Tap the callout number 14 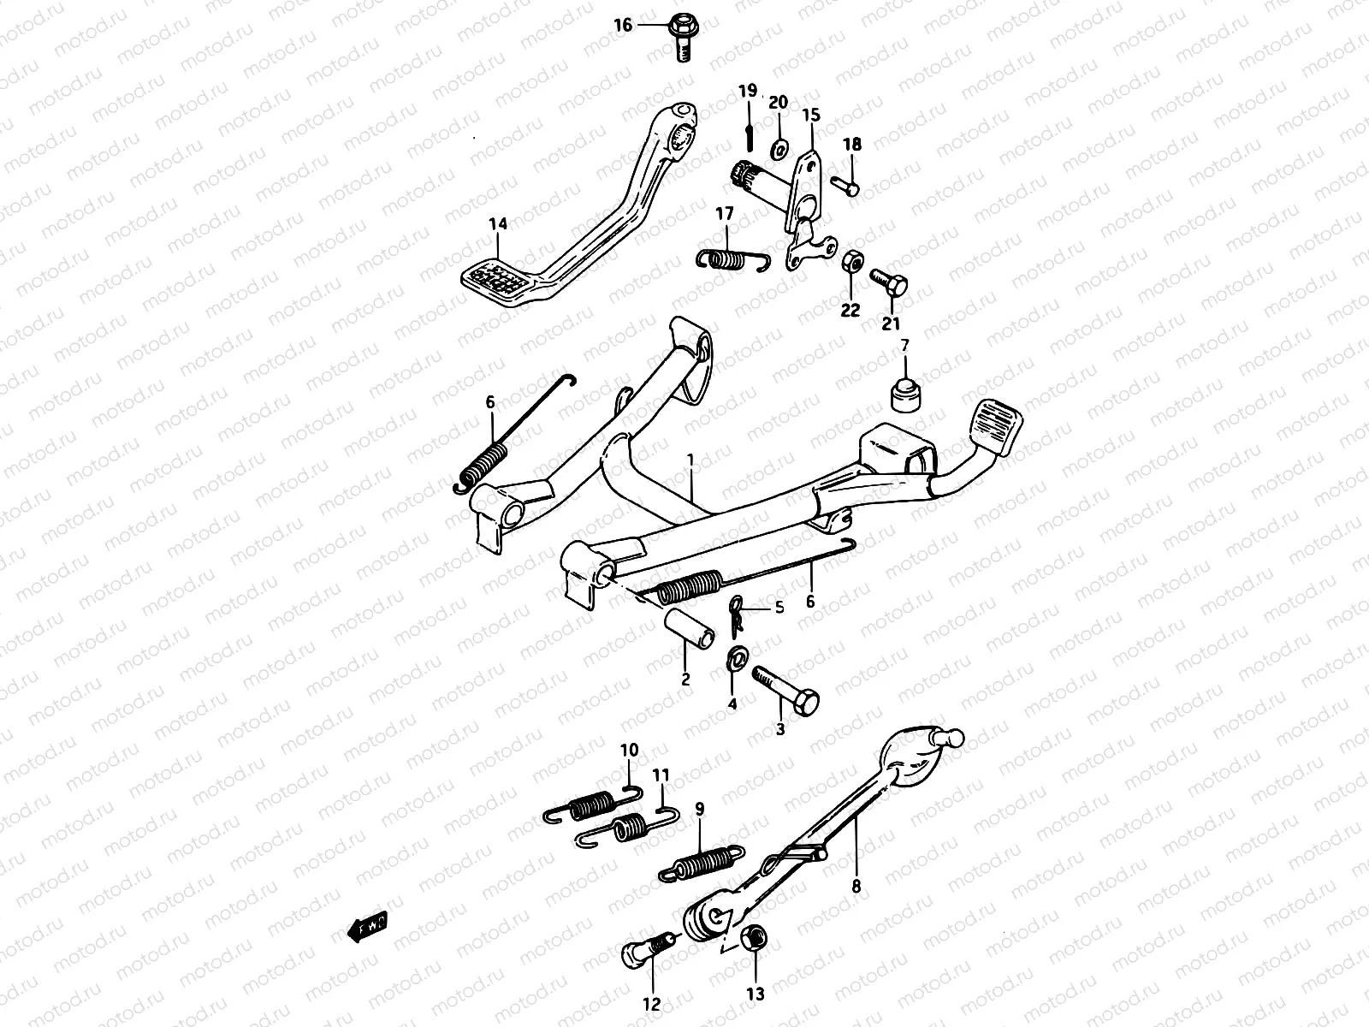[x=498, y=224]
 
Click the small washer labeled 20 [x=779, y=149]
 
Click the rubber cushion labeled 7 [x=903, y=395]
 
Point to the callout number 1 [x=691, y=461]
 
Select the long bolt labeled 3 [x=785, y=690]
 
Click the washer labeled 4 [x=734, y=657]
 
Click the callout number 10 [x=629, y=751]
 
